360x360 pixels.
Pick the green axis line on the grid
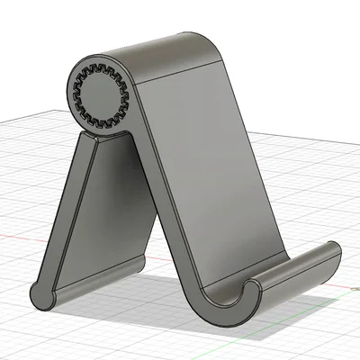[x=346, y=293]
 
